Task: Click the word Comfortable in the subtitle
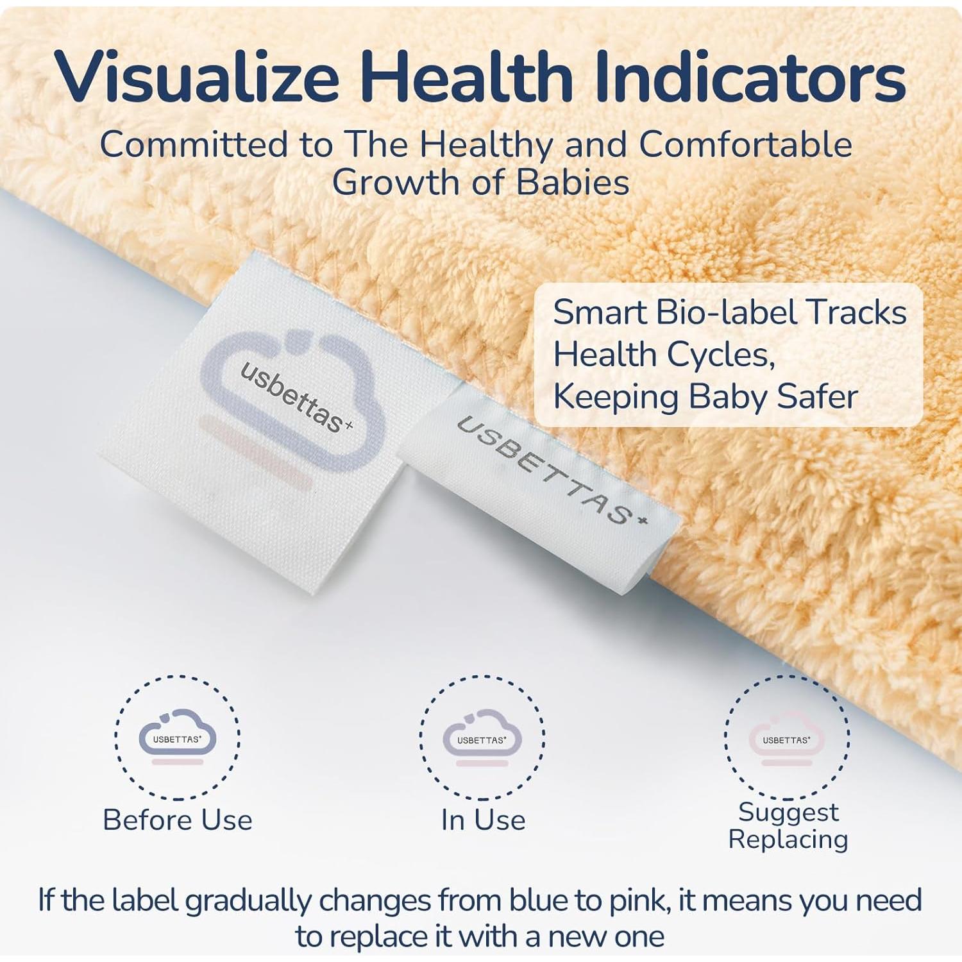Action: click(x=745, y=144)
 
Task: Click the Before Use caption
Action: click(x=178, y=820)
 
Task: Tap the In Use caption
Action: click(x=483, y=820)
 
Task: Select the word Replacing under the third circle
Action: click(x=788, y=840)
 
